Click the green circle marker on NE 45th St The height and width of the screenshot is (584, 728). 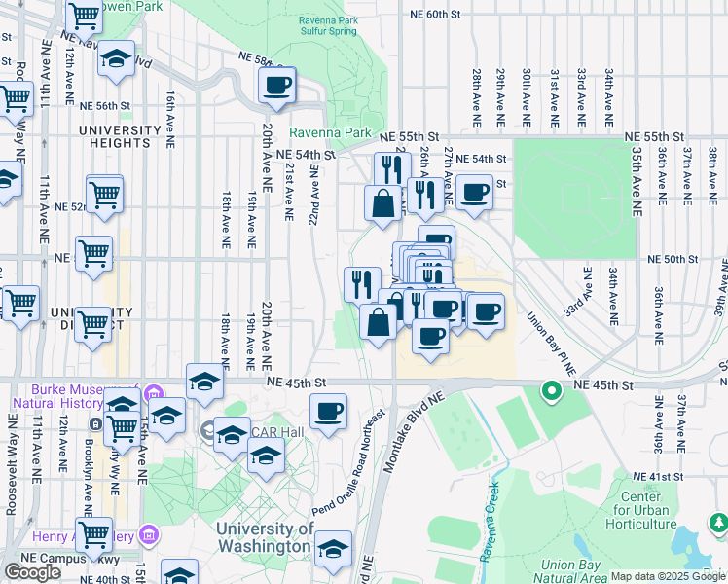[550, 392]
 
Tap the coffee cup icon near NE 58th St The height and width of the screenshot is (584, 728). [276, 84]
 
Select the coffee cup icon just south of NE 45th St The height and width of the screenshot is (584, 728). [328, 409]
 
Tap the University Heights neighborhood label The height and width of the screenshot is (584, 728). [120, 136]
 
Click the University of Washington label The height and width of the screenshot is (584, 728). [266, 537]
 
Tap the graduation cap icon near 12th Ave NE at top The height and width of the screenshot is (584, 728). [116, 58]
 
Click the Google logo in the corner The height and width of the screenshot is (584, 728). [32, 572]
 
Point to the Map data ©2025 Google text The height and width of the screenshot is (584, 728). [667, 576]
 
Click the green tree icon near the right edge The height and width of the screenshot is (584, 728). [718, 523]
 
